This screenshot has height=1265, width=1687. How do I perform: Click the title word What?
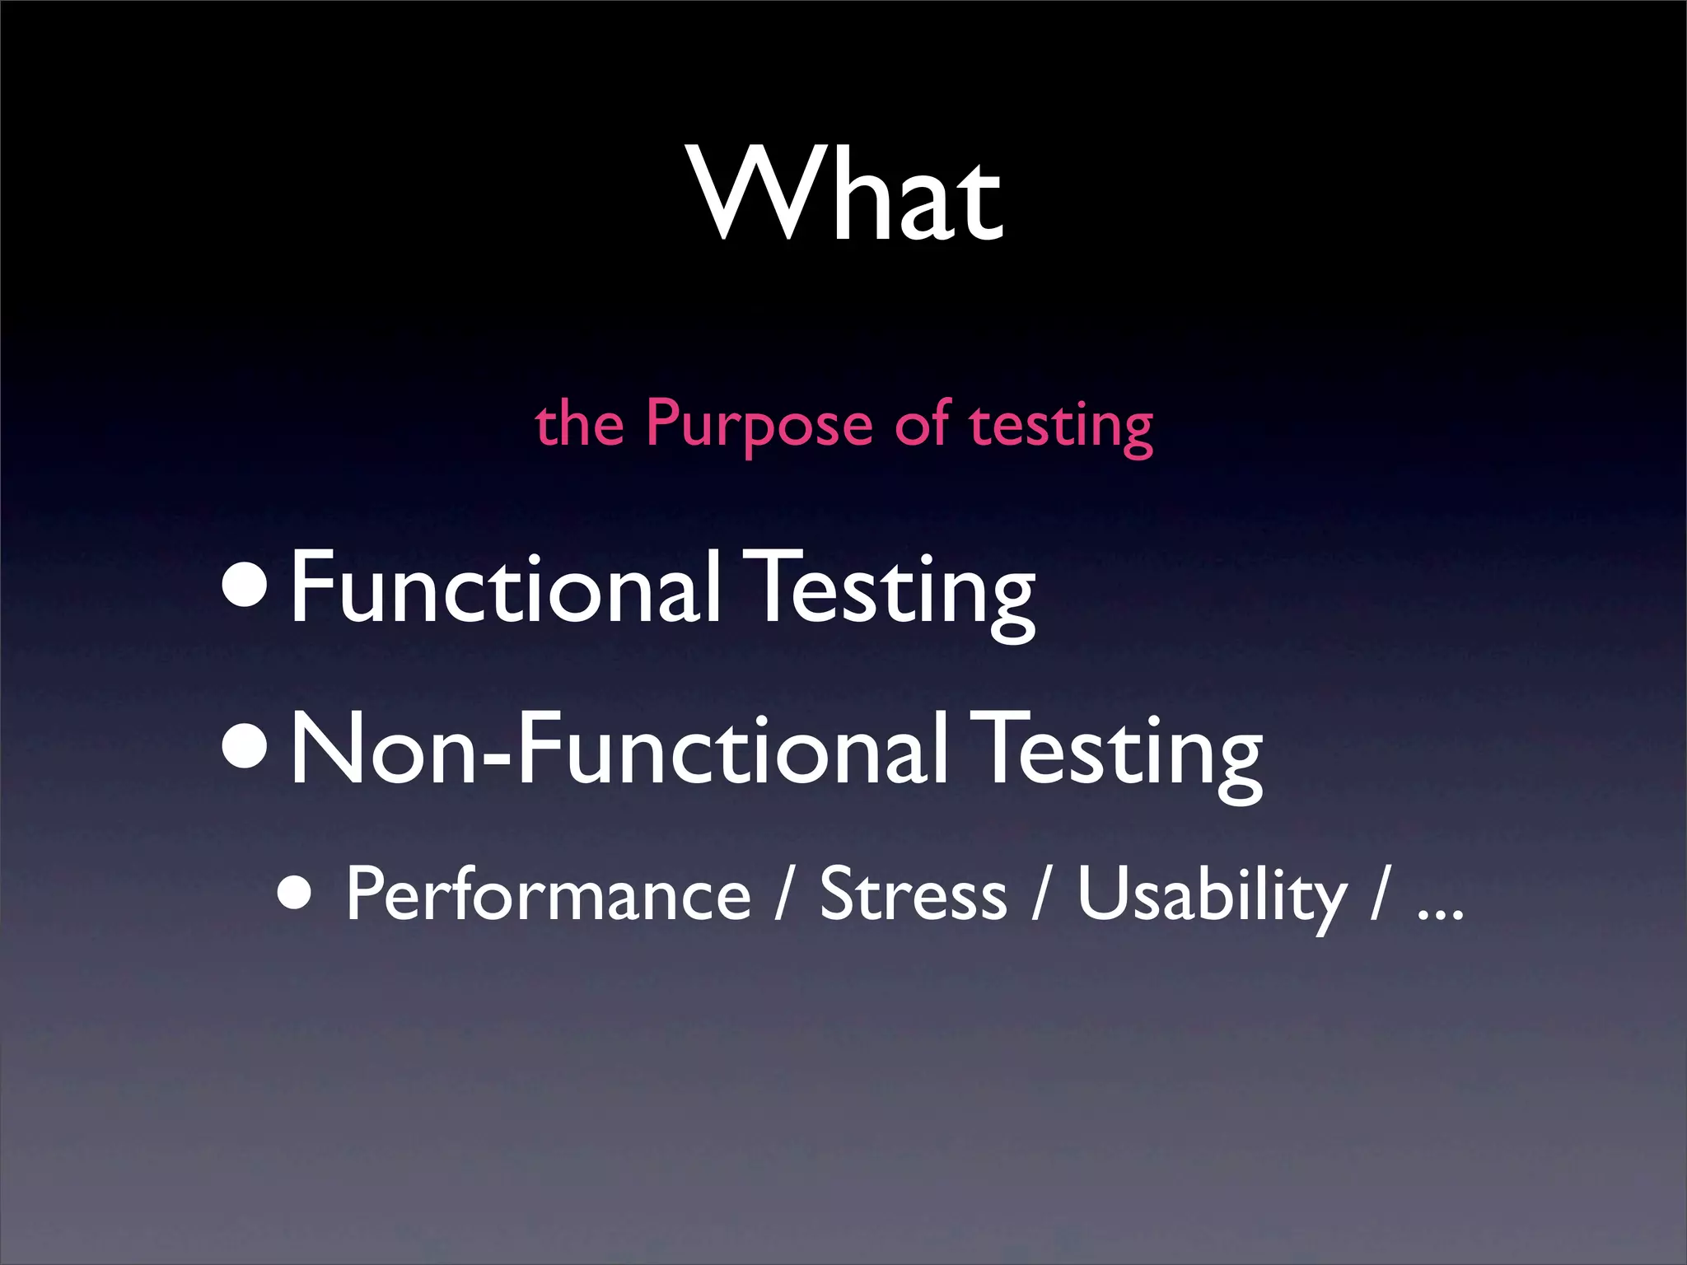[848, 196]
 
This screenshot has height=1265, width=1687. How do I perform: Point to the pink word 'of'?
[923, 423]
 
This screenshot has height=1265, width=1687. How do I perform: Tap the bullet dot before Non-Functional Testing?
[245, 752]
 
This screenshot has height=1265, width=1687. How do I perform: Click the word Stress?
[913, 894]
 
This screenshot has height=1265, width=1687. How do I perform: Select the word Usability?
[1211, 896]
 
